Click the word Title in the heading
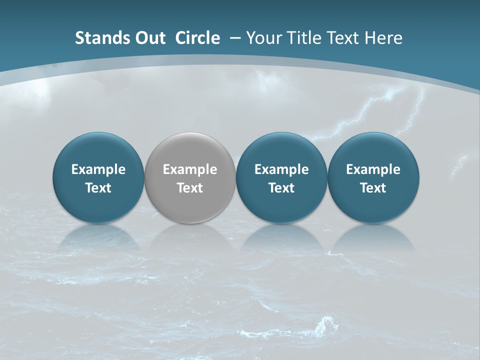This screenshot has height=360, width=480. click(300, 38)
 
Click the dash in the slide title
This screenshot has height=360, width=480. click(235, 38)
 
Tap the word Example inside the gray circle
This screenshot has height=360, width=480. click(190, 169)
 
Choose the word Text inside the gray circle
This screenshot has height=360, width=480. click(190, 188)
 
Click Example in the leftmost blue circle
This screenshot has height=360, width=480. click(98, 169)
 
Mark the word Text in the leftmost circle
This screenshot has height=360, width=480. click(98, 188)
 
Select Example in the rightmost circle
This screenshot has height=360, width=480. click(373, 169)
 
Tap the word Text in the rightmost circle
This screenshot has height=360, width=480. click(373, 188)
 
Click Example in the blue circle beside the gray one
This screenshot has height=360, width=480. click(281, 169)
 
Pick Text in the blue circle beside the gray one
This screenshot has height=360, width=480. click(281, 188)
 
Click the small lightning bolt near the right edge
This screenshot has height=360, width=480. click(458, 167)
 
